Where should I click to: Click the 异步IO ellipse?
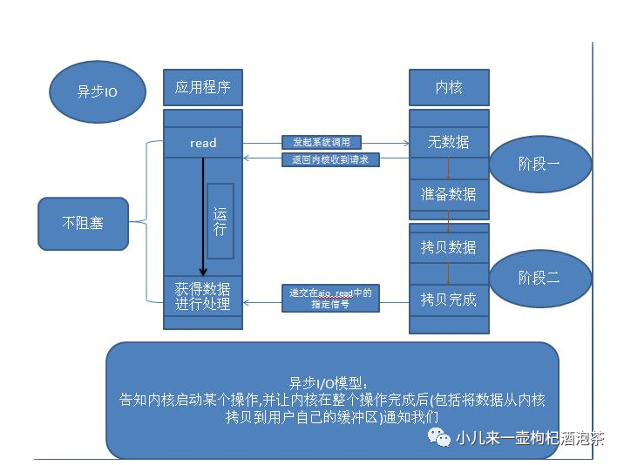click(x=97, y=91)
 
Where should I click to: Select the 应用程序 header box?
click(x=203, y=88)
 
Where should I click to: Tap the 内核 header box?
click(x=449, y=88)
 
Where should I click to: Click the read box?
click(x=203, y=143)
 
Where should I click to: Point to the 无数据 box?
click(x=449, y=142)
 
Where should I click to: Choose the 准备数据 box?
click(x=449, y=194)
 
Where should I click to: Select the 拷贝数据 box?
click(x=449, y=247)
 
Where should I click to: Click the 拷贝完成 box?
click(x=449, y=300)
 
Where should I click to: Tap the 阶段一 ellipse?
click(x=539, y=163)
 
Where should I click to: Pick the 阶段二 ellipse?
click(x=539, y=278)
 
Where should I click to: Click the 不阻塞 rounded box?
click(x=83, y=222)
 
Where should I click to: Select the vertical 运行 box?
click(x=220, y=221)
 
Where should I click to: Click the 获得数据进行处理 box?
click(x=203, y=296)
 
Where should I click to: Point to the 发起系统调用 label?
click(x=321, y=142)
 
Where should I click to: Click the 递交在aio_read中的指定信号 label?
click(x=330, y=299)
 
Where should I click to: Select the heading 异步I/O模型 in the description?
click(x=330, y=383)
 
